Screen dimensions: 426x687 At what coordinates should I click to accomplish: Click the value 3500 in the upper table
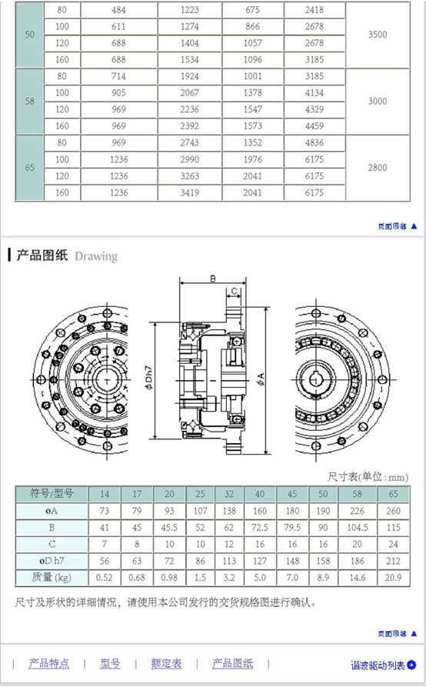(378, 35)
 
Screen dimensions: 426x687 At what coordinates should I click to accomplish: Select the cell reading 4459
(315, 126)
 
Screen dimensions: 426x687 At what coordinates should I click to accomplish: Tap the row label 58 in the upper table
(29, 102)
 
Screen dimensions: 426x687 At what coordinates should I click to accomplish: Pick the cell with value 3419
(190, 193)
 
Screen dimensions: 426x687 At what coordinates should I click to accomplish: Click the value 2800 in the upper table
(378, 168)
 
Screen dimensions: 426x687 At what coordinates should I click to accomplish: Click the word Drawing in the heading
(96, 256)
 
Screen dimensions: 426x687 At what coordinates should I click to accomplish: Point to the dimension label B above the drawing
(213, 278)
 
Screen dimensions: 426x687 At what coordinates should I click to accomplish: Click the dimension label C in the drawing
(234, 291)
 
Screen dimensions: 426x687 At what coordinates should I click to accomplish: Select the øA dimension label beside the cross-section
(261, 379)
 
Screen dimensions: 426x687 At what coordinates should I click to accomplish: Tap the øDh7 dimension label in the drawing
(149, 379)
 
